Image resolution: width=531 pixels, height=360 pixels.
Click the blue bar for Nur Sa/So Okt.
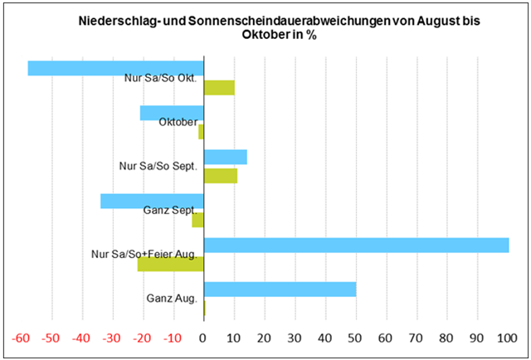(115, 68)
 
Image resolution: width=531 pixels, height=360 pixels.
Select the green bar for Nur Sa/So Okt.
(220, 87)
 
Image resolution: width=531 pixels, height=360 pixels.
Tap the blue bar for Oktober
(172, 113)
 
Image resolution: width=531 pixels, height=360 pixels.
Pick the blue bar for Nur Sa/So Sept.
(226, 157)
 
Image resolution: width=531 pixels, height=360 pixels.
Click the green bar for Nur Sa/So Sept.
(221, 176)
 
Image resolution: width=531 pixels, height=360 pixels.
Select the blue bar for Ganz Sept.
(152, 201)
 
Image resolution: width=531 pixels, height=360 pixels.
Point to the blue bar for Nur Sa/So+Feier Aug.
(356, 245)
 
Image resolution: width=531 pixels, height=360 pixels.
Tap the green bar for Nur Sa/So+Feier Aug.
(170, 264)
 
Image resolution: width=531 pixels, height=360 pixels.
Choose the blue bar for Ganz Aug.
(280, 289)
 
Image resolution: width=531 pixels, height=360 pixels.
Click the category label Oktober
(178, 122)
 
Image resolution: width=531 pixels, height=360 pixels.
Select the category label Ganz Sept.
(170, 211)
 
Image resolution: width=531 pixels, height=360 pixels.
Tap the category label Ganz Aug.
(172, 299)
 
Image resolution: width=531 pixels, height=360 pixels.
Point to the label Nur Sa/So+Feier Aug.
(144, 255)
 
